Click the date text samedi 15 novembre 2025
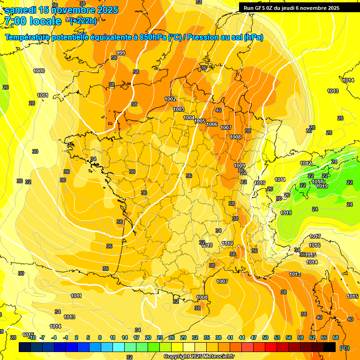(61, 10)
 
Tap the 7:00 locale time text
(32, 21)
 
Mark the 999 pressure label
(121, 53)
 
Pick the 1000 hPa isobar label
(39, 71)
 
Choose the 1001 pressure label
(43, 95)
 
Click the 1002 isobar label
(170, 99)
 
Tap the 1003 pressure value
(179, 109)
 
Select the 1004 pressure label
(189, 118)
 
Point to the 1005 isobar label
(200, 121)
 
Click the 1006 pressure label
(212, 124)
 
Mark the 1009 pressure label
(240, 165)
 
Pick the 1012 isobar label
(306, 163)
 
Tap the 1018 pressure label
(317, 181)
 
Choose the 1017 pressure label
(315, 236)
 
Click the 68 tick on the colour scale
(336, 337)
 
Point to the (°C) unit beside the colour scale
(345, 347)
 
